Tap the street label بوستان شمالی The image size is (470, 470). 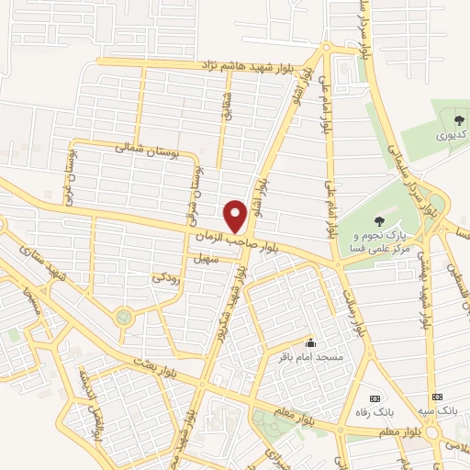142,147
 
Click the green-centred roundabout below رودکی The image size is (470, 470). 123,318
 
